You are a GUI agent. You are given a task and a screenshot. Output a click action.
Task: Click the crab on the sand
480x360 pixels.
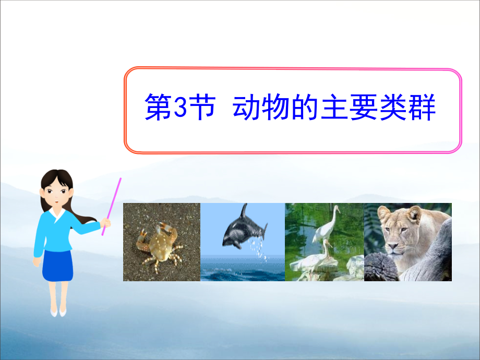(158, 244)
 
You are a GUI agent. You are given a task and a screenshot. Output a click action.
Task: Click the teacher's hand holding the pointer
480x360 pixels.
(106, 223)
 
